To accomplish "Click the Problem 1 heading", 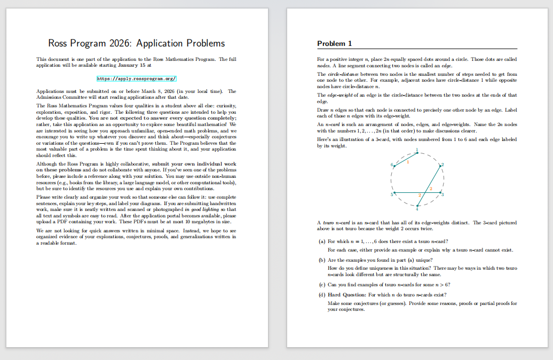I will pos(334,43).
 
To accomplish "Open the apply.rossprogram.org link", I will pos(136,79).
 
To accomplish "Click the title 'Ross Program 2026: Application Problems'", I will pos(136,43).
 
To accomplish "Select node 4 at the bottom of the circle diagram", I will pos(418,207).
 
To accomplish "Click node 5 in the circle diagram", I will pos(396,192).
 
